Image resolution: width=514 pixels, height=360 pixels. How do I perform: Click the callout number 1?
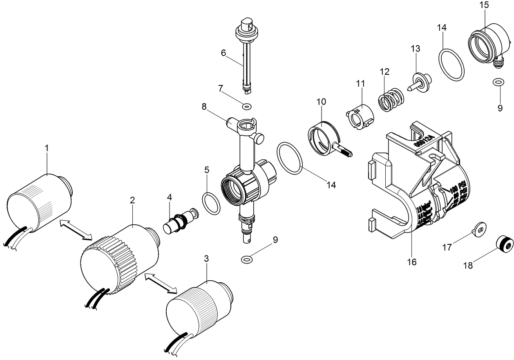pos(47,148)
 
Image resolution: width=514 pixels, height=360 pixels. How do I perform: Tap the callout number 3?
pos(206,259)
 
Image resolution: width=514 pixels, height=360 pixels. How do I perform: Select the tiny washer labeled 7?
pos(246,107)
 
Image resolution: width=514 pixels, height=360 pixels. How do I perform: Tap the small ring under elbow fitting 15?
pos(497,82)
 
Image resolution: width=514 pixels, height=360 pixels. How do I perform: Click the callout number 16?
pos(412,262)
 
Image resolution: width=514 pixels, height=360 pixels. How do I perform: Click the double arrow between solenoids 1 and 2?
pos(76,230)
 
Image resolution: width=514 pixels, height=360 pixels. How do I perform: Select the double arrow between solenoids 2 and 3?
pos(161,283)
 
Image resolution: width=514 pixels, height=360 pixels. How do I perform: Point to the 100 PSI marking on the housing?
pos(458,190)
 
